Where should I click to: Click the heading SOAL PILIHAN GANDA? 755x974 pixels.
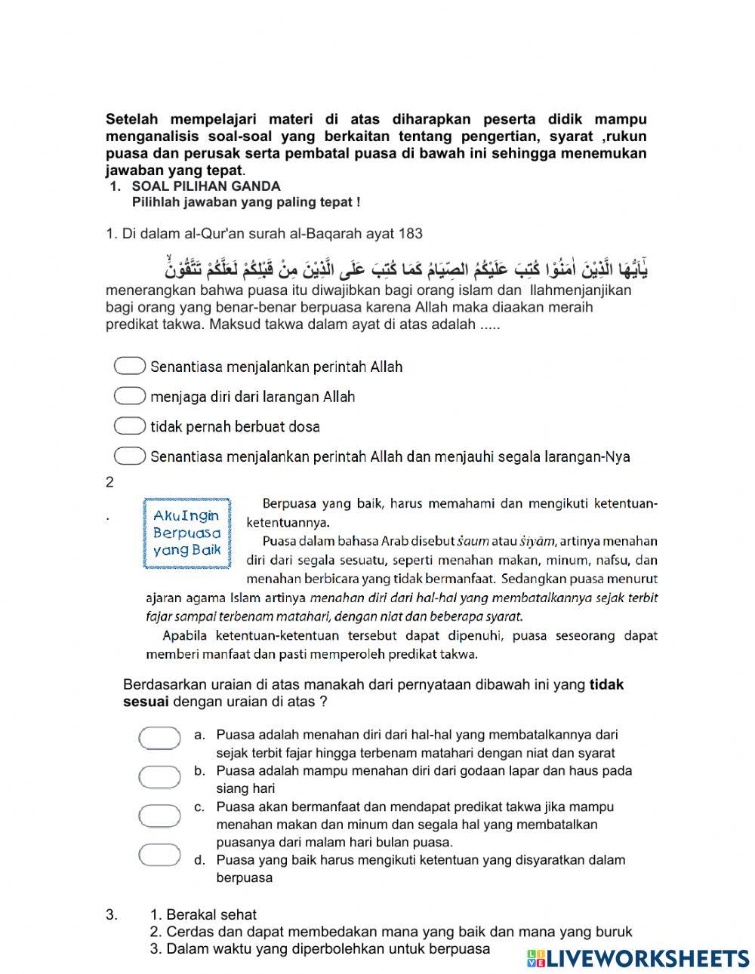(205, 186)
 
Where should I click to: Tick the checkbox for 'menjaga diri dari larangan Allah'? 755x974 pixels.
(130, 396)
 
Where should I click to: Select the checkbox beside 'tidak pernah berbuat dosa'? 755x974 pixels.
(130, 426)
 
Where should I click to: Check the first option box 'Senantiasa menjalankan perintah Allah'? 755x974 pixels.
(130, 366)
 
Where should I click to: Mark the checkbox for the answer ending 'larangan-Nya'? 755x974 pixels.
(130, 456)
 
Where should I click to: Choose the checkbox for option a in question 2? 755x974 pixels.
(159, 738)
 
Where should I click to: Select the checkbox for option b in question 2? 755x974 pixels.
(159, 776)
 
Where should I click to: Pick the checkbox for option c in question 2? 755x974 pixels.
(159, 815)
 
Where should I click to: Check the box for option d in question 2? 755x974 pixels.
(159, 854)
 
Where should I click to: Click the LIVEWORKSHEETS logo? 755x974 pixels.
(638, 957)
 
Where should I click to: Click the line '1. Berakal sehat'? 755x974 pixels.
(203, 915)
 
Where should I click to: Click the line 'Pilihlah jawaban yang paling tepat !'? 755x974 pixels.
(245, 202)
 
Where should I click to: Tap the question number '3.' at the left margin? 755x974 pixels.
(112, 915)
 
